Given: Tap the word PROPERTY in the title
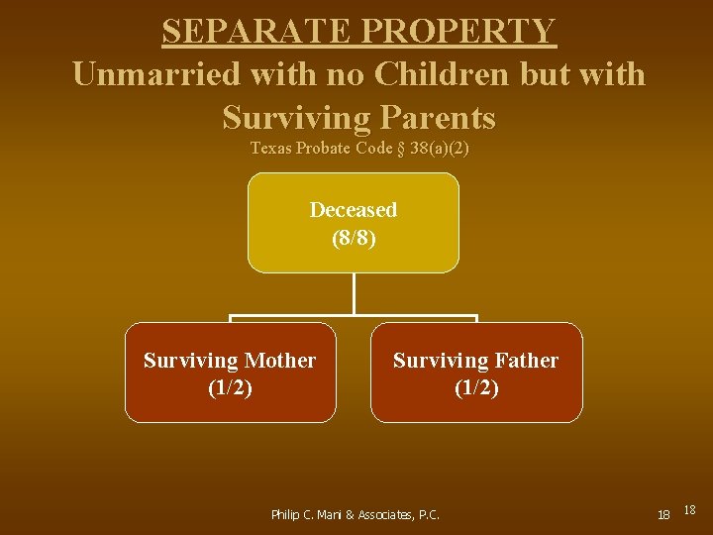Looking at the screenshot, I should pos(458,31).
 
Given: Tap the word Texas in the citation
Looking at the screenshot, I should pos(270,148).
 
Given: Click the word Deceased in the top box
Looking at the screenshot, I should pos(354,210).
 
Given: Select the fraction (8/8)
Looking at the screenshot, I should pos(354,239).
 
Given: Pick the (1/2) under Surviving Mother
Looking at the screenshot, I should pos(230,388).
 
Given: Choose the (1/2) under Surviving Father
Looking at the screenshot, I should pos(476,388).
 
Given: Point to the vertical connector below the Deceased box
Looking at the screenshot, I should pos(354,294).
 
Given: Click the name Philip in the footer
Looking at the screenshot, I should pos(286,515).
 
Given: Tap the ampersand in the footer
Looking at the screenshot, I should pos(349,515).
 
